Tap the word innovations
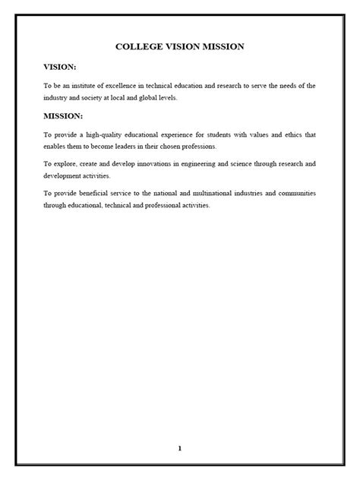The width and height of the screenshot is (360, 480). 150,163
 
